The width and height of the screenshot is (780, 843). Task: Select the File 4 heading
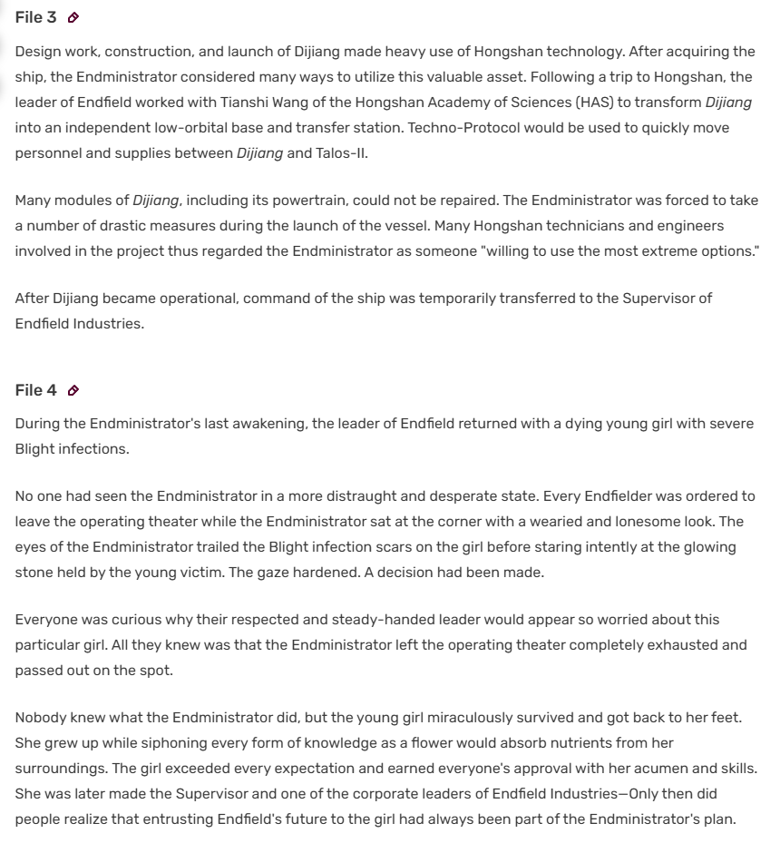(x=35, y=390)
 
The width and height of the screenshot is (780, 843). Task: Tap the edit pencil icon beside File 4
(x=73, y=391)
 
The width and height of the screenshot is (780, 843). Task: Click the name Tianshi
(x=246, y=103)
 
